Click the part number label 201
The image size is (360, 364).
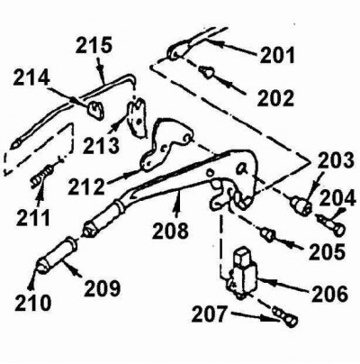(x=278, y=55)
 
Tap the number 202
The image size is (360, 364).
(x=275, y=98)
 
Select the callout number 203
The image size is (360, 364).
(x=336, y=160)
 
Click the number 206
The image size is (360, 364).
(x=330, y=293)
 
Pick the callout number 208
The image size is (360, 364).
(x=170, y=231)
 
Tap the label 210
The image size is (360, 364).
(x=33, y=303)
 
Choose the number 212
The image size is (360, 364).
(x=86, y=187)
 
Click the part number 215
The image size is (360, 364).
(x=94, y=45)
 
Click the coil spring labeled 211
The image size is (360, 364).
(x=42, y=177)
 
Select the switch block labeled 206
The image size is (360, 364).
(x=242, y=272)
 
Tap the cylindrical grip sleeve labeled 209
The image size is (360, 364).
(x=57, y=255)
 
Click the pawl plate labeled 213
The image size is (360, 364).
(x=137, y=117)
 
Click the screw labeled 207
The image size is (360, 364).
(x=285, y=317)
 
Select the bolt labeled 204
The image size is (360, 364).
(x=331, y=223)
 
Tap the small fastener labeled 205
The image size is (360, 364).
(x=267, y=235)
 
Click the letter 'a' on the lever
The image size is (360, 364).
(x=242, y=169)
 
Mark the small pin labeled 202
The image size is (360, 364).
(x=206, y=72)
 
